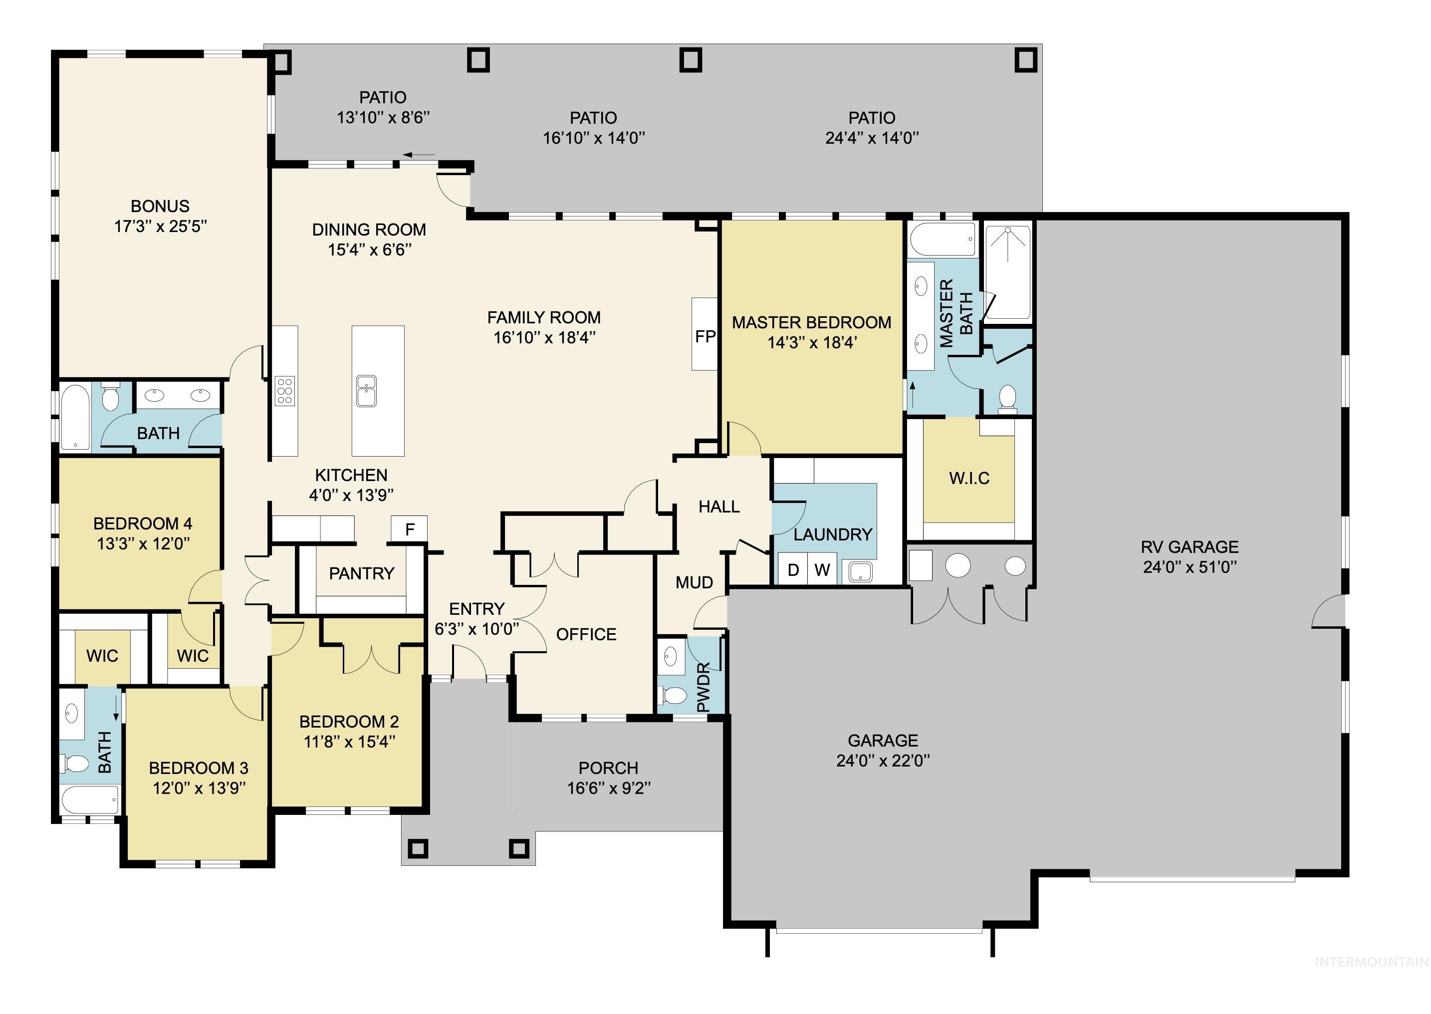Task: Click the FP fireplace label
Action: [705, 336]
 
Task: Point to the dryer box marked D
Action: [793, 569]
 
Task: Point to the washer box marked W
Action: [822, 569]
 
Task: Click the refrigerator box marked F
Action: [410, 529]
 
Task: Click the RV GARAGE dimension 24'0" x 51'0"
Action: [1190, 567]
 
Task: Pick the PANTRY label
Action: [362, 573]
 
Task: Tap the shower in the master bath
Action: [1008, 271]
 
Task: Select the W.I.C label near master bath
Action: [969, 478]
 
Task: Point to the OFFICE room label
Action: [586, 634]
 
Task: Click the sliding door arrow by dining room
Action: [419, 155]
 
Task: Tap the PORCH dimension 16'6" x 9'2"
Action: [609, 788]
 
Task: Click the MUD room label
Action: [694, 582]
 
